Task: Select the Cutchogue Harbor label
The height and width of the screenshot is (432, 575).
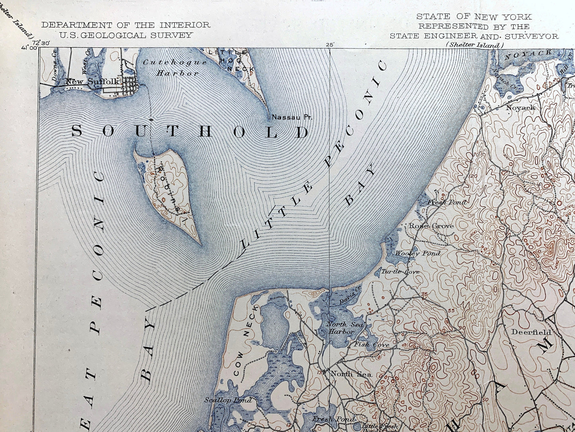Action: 175,68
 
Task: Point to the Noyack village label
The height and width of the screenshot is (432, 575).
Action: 520,107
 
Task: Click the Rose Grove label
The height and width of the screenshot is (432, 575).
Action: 431,226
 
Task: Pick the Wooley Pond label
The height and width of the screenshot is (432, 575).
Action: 418,253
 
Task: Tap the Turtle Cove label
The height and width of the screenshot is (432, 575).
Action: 400,272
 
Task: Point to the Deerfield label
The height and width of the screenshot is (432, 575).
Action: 531,332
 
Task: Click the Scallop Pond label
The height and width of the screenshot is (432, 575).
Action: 228,400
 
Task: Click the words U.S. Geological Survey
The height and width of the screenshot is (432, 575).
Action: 126,35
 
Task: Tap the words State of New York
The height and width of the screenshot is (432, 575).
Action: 474,17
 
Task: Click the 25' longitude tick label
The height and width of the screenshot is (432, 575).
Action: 329,45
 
